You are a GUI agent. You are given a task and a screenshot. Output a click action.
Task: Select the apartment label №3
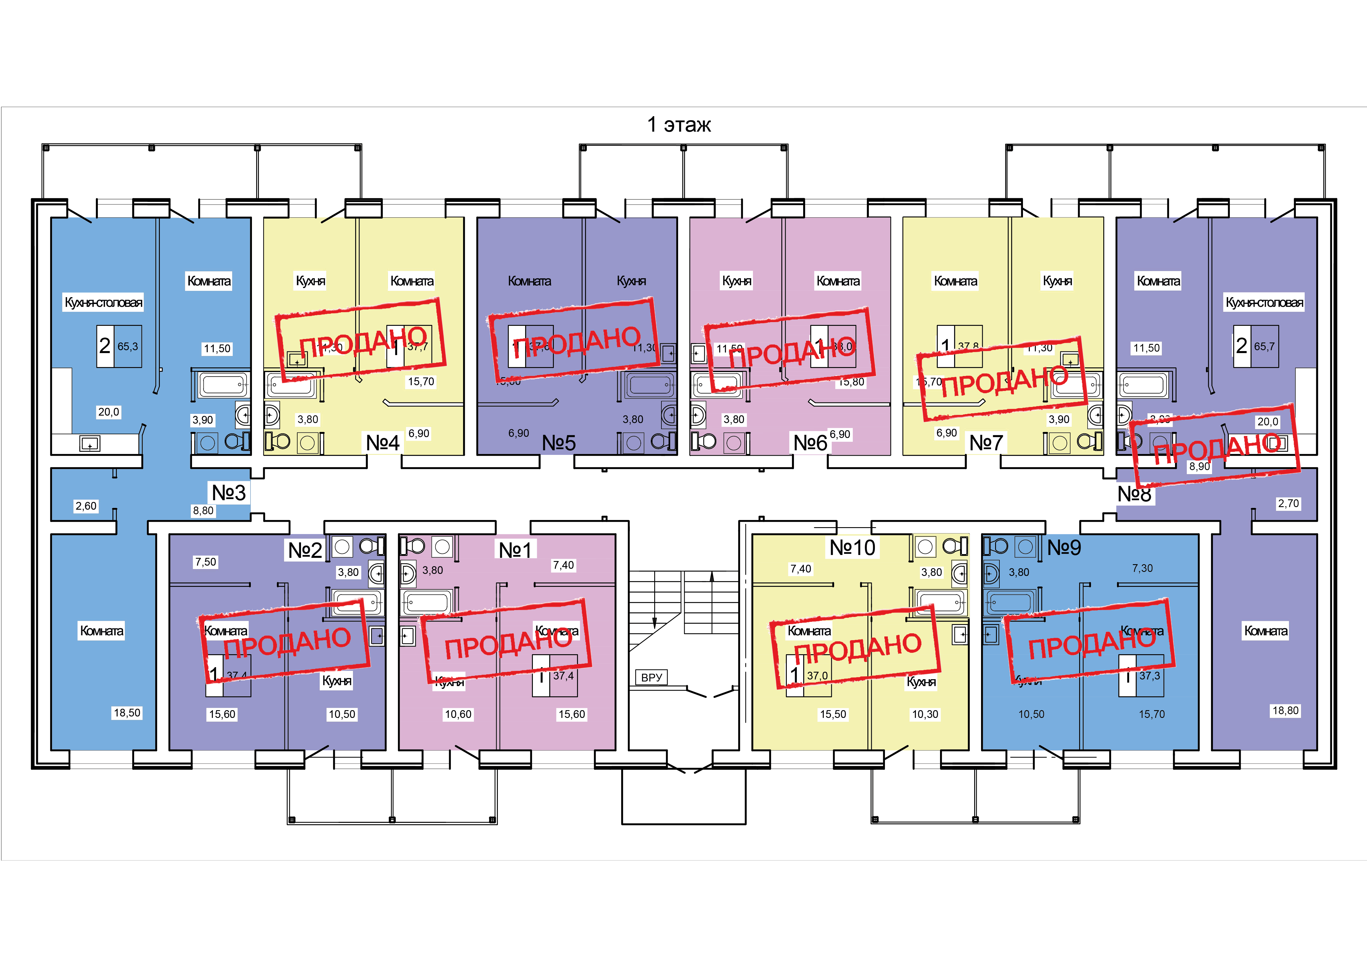229,493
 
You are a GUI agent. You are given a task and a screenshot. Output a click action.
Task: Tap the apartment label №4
382,443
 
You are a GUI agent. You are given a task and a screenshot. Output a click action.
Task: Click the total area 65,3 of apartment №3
127,346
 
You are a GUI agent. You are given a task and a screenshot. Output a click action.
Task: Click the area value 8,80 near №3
203,511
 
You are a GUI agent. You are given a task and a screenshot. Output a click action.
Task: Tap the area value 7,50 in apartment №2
205,562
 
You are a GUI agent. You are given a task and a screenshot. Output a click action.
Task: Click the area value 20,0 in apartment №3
108,412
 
